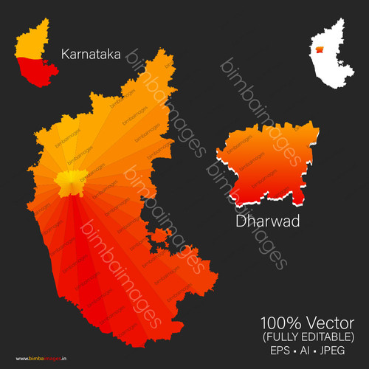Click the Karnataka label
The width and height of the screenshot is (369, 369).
pos(91,54)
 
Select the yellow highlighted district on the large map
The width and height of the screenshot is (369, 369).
pos(69,182)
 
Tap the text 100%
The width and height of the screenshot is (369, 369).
pos(278,323)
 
